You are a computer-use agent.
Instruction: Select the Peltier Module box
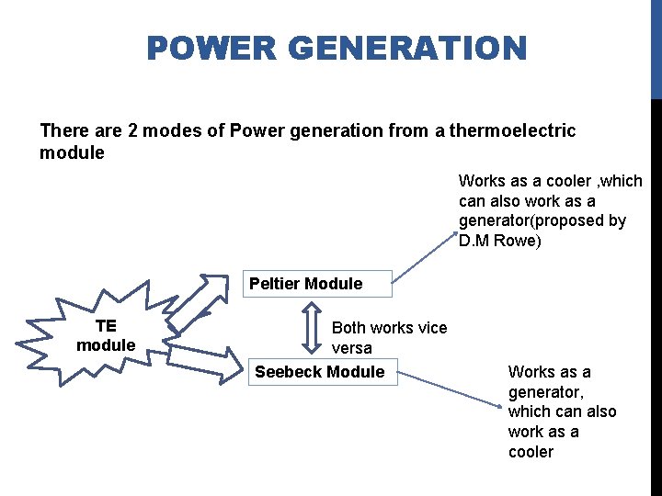[x=306, y=284]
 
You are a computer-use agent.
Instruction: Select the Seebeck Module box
[x=320, y=372]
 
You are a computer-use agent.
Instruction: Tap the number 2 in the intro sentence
[x=133, y=130]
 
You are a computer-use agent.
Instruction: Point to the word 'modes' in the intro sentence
[x=174, y=130]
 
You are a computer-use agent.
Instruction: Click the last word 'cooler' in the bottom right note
[x=531, y=452]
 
